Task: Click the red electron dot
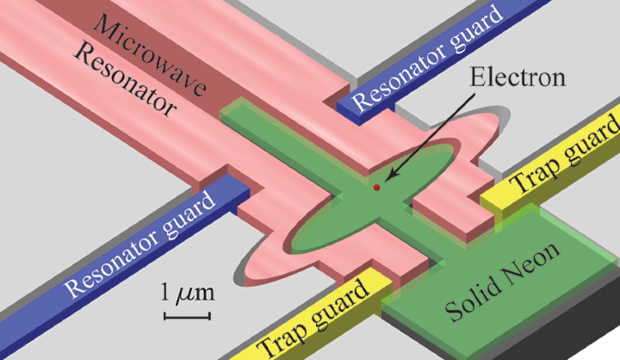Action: pos(376,188)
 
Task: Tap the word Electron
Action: pos(518,78)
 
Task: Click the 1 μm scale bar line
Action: pos(188,316)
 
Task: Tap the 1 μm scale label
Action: pos(188,292)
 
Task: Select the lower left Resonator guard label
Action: pos(140,245)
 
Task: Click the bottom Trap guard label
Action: pos(313,316)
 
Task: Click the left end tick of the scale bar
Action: pos(164,316)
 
